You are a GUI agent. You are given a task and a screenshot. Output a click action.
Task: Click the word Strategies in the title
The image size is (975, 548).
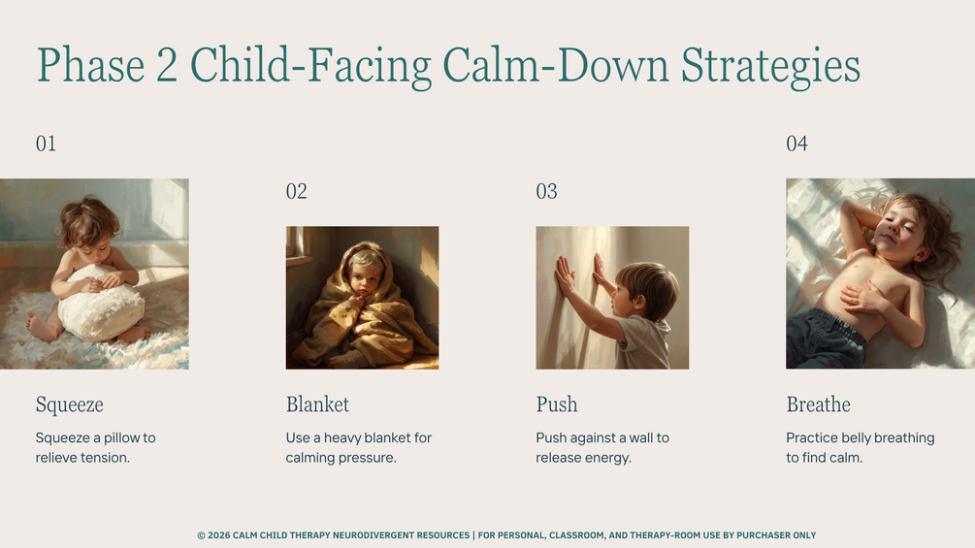click(x=771, y=66)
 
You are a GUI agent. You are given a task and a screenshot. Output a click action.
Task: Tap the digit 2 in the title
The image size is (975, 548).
click(x=167, y=65)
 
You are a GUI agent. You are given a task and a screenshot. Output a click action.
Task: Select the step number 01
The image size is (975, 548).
click(x=46, y=144)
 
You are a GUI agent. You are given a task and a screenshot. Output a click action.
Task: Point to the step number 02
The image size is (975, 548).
click(x=297, y=191)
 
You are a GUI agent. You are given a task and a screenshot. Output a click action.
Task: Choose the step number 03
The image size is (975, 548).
click(x=546, y=191)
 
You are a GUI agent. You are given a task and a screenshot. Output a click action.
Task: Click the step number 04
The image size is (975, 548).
click(x=797, y=144)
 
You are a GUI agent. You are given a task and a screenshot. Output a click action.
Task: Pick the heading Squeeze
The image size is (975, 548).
click(x=70, y=405)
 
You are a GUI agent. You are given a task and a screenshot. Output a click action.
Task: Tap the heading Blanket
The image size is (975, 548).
click(x=318, y=404)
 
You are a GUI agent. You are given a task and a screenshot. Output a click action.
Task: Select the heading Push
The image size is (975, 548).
click(x=557, y=404)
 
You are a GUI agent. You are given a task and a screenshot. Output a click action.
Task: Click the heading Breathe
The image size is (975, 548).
click(x=818, y=404)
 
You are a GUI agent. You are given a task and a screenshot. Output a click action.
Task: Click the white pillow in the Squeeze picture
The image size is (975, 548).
click(x=101, y=304)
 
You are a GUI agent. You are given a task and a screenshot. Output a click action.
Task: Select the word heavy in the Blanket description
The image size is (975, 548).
click(x=342, y=438)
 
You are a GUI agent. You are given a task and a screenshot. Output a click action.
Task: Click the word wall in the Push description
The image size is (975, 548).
click(x=640, y=437)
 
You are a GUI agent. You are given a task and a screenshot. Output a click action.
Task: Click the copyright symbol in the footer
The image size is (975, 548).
click(x=201, y=535)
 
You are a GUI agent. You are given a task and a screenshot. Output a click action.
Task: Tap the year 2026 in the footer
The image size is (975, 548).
click(x=218, y=535)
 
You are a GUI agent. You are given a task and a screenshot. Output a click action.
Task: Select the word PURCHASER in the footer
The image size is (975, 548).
click(x=764, y=535)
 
